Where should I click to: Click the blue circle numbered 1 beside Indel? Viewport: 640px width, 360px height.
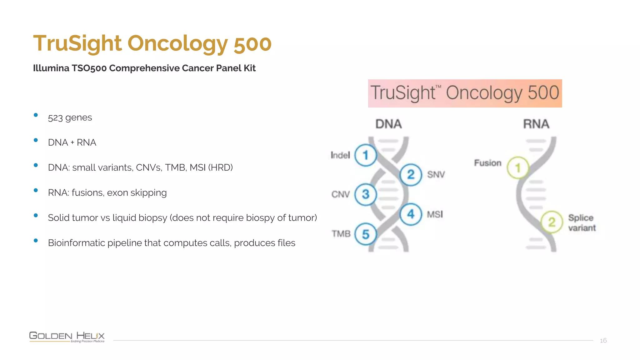pos(365,155)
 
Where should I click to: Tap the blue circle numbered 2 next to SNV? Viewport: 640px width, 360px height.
pos(411,174)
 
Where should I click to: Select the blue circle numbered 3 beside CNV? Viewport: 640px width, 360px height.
pos(365,194)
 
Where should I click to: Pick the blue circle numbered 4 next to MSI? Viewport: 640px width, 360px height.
pos(411,214)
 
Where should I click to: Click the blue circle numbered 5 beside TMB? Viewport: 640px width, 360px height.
pos(365,234)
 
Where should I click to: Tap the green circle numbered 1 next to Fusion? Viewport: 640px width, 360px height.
pos(517,168)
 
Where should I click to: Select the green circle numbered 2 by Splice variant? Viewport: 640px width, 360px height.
pos(552,222)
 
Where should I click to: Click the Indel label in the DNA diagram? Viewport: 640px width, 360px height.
pos(340,155)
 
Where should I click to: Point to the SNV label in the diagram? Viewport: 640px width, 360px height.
pos(436,174)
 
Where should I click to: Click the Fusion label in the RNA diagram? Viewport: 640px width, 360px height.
pos(487,163)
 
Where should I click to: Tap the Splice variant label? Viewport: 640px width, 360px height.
pos(582,223)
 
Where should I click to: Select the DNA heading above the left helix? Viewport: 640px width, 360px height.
pos(388,124)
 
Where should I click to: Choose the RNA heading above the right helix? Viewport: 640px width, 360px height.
pos(536,124)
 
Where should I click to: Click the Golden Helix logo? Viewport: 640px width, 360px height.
pos(67,337)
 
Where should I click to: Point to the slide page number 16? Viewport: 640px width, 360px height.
pos(603,341)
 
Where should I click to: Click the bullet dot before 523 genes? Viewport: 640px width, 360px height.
pos(36,115)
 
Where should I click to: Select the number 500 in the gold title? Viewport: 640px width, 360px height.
pos(252,43)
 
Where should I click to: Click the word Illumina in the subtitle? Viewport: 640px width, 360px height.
pos(51,68)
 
